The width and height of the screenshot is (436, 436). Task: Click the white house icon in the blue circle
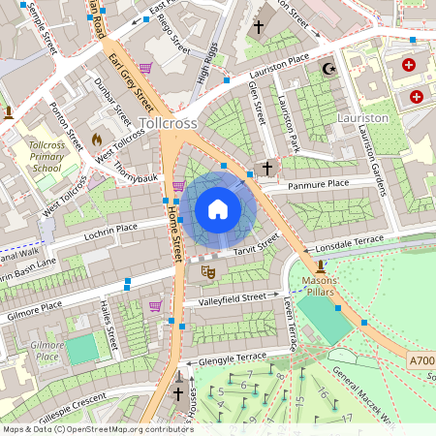tap(218, 209)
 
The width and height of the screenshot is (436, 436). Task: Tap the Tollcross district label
tap(170, 124)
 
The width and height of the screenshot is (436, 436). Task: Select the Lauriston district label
tap(361, 117)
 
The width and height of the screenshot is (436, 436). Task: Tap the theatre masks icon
tap(206, 273)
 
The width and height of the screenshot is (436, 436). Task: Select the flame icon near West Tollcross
tap(97, 140)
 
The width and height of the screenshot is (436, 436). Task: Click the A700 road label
tap(420, 360)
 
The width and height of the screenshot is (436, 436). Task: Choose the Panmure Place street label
tap(311, 183)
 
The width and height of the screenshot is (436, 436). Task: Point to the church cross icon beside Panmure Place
tap(266, 170)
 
